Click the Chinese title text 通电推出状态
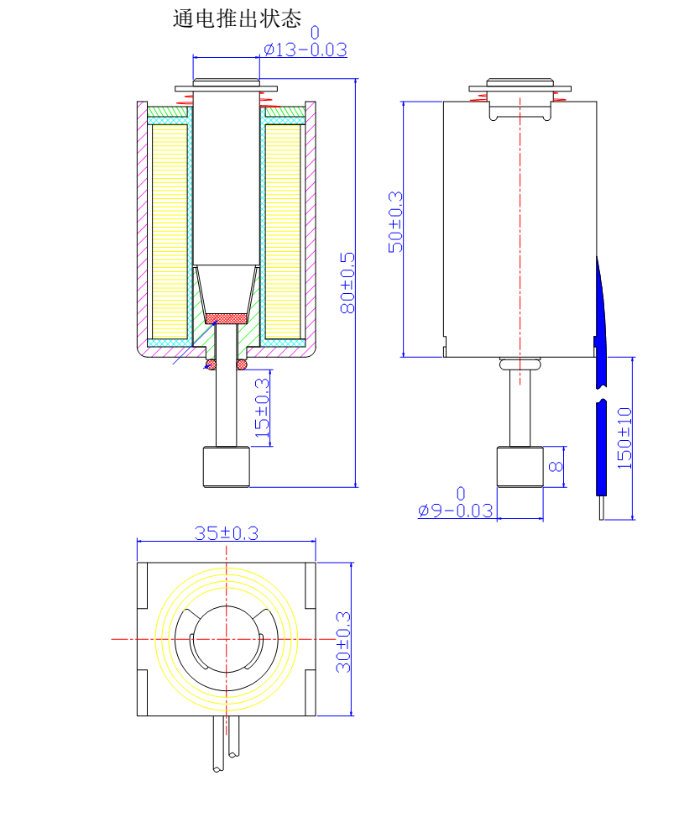[x=236, y=18]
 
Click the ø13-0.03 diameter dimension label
[x=305, y=50]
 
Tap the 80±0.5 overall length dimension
[x=347, y=283]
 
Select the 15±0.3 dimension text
[x=263, y=409]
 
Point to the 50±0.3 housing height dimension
[x=395, y=223]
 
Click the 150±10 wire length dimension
[x=624, y=438]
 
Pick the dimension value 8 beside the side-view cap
[x=556, y=467]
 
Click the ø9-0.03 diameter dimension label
[x=456, y=510]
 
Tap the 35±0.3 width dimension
[x=227, y=532]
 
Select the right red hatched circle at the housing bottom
[x=243, y=364]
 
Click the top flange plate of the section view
[x=227, y=88]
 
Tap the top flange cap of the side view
[x=520, y=86]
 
